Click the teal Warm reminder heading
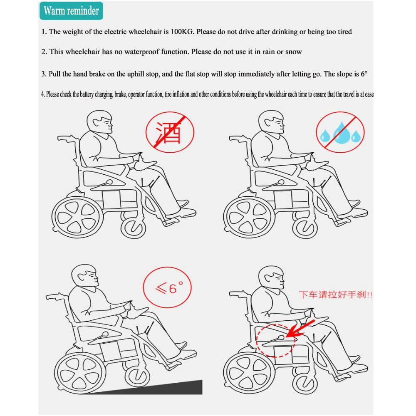pos(71,10)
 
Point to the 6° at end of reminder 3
pos(364,74)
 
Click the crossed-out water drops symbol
pos(339,133)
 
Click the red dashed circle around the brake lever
pos(275,340)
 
